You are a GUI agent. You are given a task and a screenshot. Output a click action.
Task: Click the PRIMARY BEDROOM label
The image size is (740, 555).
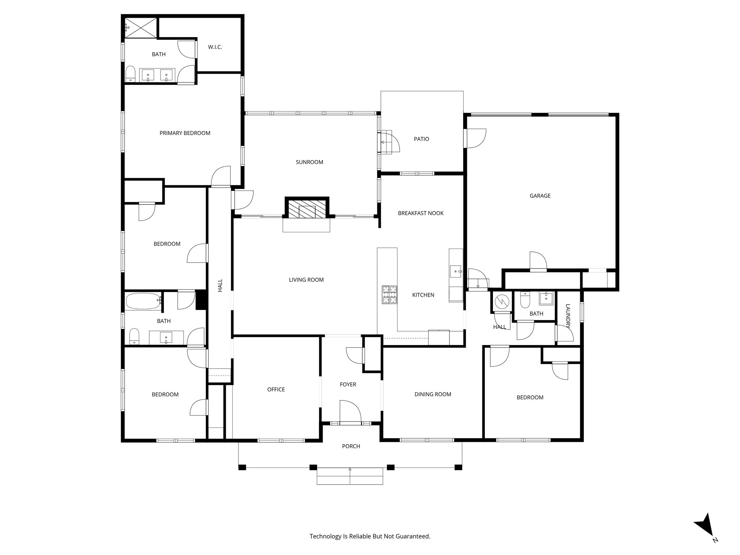185,133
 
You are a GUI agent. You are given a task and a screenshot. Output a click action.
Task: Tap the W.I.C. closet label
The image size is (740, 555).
215,47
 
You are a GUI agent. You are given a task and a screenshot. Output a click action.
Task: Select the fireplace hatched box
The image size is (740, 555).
307,209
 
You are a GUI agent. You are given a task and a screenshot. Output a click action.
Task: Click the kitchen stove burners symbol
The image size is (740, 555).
390,294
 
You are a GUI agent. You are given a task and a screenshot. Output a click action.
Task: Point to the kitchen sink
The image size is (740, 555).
455,271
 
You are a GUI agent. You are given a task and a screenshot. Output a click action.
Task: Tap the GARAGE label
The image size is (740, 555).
540,196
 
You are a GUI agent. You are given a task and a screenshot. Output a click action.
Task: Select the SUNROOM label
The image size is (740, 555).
309,162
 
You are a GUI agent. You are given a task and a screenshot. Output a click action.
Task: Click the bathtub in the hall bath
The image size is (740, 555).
143,301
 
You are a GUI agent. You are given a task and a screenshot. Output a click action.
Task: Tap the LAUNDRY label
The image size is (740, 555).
568,316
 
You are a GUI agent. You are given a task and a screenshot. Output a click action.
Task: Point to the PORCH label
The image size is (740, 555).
351,446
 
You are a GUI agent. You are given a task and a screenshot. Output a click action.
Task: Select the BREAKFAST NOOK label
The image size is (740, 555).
421,213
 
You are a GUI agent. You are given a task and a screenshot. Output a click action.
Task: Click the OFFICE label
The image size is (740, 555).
276,389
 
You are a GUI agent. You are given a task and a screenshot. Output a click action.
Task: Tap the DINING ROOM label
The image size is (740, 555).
433,394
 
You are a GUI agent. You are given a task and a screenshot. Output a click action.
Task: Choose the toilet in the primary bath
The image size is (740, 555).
130,74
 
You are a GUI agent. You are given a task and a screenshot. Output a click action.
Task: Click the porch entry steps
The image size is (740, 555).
350,476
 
